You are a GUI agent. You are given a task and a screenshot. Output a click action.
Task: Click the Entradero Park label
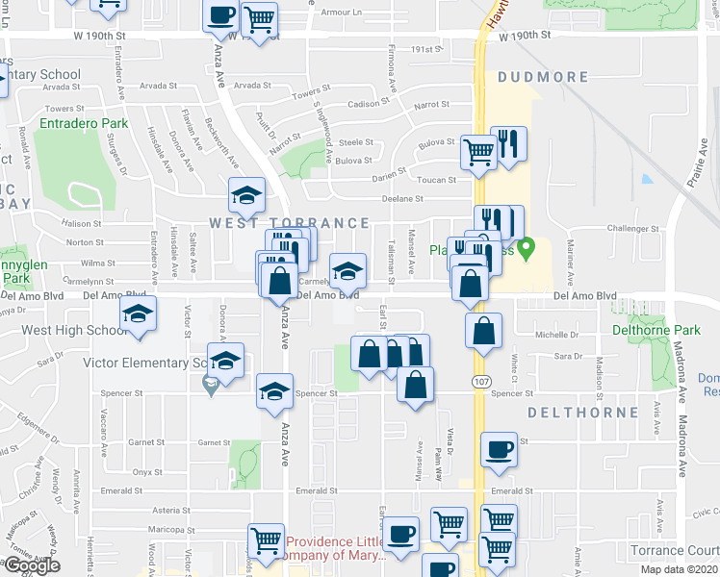[84, 124]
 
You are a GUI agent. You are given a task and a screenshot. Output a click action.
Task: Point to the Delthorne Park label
[656, 331]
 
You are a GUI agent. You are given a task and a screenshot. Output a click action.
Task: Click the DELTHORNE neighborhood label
[582, 413]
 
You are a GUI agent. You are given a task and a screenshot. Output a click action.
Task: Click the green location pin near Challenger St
[526, 251]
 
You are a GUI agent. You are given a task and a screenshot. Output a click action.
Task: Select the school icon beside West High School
[138, 315]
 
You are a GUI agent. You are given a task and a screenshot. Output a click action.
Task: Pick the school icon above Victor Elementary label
[226, 363]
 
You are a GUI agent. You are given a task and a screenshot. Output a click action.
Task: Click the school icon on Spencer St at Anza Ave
[274, 392]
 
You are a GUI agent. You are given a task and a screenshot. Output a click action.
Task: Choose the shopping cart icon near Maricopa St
[266, 541]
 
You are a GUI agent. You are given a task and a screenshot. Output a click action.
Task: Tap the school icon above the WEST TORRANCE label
[246, 196]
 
